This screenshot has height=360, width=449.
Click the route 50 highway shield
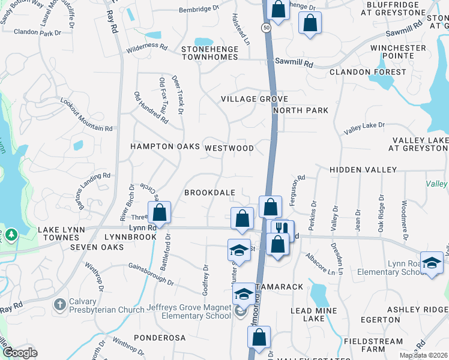(265, 28)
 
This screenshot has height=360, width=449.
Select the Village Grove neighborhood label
(255, 99)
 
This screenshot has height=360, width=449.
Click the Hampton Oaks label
(156, 146)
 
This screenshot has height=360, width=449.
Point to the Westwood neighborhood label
(229, 148)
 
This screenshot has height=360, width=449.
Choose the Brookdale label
(209, 193)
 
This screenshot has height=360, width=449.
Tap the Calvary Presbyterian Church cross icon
(59, 304)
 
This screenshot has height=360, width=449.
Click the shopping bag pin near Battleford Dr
(160, 212)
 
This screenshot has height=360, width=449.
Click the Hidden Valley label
(363, 170)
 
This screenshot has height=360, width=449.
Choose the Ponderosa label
(160, 338)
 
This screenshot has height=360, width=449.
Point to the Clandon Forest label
(368, 72)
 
